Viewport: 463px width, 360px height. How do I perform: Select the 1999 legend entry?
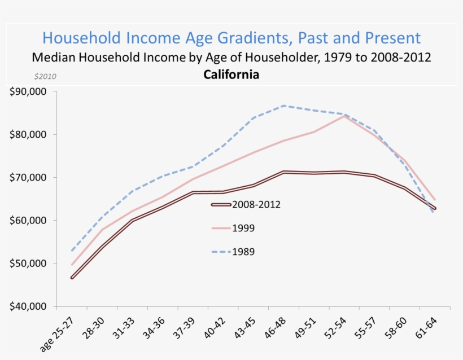click(243, 229)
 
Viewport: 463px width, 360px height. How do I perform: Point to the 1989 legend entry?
click(243, 252)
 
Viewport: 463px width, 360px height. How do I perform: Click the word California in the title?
click(231, 74)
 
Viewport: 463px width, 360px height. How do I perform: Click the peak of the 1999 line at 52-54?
click(344, 116)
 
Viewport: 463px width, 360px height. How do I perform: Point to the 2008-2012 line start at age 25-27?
click(72, 278)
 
